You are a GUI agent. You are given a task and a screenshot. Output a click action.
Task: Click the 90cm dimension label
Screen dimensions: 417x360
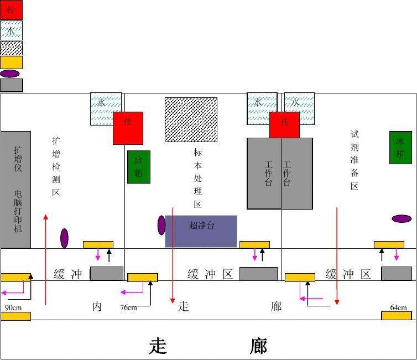pos(13,307)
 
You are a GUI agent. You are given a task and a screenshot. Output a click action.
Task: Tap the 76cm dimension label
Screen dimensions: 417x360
pos(129,307)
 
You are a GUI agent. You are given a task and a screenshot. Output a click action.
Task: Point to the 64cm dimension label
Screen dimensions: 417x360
pos(398,307)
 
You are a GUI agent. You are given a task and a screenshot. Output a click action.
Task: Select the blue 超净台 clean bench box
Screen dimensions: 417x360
pos(201,231)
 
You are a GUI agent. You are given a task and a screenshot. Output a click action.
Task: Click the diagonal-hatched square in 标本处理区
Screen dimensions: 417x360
pos(191,119)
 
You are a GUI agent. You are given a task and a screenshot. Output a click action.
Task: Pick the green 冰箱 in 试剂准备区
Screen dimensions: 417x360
pos(400,148)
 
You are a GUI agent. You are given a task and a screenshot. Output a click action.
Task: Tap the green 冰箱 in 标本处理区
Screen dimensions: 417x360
pos(139,167)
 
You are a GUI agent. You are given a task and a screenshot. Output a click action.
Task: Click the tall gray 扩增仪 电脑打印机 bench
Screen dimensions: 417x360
pos(15,190)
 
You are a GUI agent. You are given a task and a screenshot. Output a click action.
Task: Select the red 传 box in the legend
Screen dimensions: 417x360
pos(11,10)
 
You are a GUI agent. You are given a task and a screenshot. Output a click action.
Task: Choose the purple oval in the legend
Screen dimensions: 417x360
pos(9,74)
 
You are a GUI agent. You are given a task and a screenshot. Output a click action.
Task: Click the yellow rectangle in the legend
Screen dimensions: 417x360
pos(11,62)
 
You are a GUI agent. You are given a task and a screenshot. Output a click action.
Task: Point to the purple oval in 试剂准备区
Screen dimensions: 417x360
pos(402,218)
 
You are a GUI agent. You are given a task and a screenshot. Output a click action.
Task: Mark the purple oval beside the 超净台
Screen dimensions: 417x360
pos(161,225)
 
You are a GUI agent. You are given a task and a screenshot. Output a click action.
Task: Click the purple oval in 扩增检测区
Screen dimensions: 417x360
pos(64,238)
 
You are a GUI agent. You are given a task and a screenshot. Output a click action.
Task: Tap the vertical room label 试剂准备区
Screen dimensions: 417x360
pos(355,160)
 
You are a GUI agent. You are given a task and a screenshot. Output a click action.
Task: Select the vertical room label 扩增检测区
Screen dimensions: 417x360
pos(56,166)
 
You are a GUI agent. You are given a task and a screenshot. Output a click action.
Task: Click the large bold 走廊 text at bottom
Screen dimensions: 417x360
pos(208,346)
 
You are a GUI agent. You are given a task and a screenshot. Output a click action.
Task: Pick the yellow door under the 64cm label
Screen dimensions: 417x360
pos(397,316)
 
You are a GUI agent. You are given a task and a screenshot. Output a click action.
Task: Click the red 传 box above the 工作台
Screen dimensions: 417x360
pos(285,125)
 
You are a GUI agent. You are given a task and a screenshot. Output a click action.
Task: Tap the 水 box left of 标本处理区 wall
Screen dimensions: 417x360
pos(106,109)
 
